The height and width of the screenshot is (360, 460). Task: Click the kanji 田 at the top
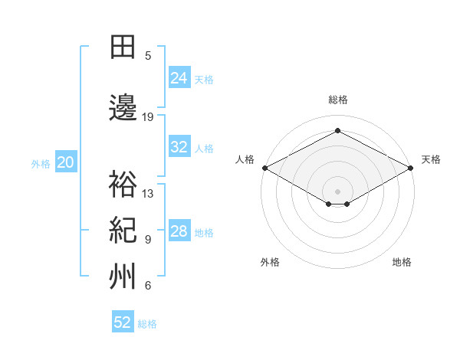[123, 47]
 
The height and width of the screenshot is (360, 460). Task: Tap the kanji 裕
[123, 184]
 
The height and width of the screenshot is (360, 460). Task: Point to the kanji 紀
[123, 230]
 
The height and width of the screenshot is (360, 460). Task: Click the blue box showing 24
[179, 77]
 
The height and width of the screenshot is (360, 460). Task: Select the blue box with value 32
[179, 147]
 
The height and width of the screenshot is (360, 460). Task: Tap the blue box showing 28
[179, 231]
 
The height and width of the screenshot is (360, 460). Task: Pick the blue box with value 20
[66, 162]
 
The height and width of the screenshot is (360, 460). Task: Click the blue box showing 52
[123, 322]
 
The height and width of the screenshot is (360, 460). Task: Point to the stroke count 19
[148, 117]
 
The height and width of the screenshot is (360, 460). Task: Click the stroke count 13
[148, 193]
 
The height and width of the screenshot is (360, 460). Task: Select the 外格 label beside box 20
[41, 163]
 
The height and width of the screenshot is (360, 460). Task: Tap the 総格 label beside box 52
[147, 324]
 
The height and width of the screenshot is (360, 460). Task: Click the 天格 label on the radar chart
[431, 159]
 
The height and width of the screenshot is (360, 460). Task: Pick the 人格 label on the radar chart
[245, 159]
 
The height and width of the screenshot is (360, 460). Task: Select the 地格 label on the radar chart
[402, 262]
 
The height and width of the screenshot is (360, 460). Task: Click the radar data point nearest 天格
[412, 168]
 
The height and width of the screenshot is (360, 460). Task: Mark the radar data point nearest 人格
[264, 168]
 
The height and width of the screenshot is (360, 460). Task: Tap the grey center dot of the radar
[337, 190]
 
